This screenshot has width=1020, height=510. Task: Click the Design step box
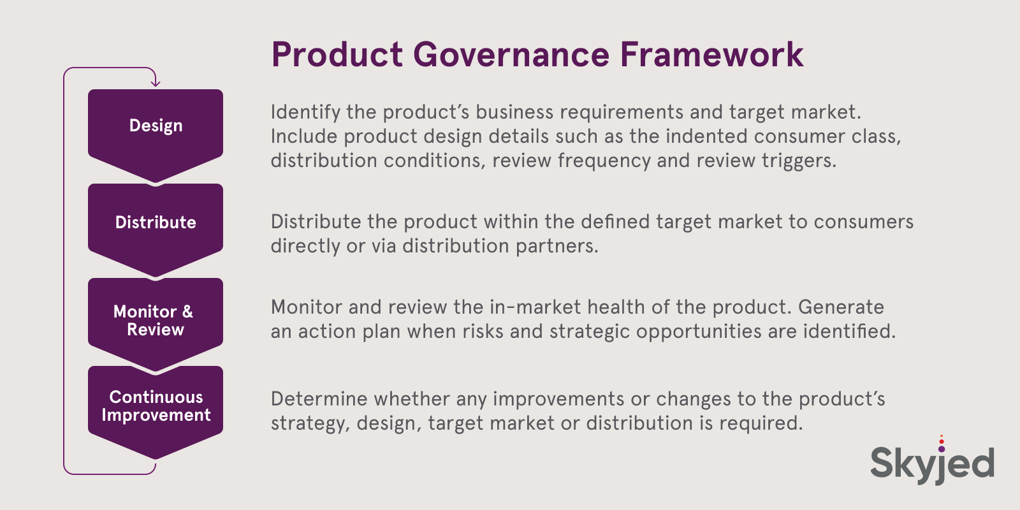156,126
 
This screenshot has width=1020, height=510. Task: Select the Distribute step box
156,222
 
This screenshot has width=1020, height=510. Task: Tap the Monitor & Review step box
156,320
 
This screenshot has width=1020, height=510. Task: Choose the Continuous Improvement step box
156,406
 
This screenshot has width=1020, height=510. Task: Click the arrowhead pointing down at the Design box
155,82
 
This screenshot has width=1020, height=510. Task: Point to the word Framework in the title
711,55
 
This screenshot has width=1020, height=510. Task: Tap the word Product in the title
337,55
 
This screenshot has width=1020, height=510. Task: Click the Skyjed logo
932,462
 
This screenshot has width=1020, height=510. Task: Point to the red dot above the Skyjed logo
942,441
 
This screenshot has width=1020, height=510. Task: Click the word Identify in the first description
305,112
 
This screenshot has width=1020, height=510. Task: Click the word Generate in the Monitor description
841,307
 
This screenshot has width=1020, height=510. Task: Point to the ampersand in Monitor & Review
187,312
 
